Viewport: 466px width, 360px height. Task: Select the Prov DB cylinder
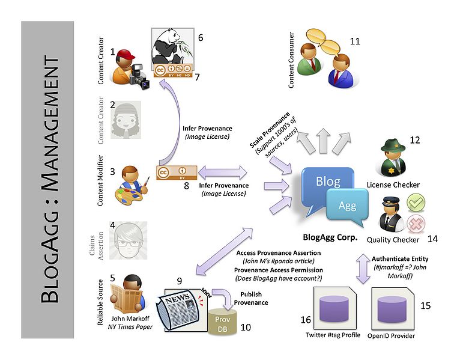pos(223,322)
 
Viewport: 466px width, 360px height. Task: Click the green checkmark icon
pos(416,203)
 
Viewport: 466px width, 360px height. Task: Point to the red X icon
pos(416,223)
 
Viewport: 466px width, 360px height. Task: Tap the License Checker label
pos(393,185)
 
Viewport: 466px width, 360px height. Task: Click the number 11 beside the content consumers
pos(355,41)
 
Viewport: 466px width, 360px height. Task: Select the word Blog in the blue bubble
pos(328,181)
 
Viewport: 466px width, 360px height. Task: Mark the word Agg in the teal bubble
pos(347,206)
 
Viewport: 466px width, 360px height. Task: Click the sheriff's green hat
pos(393,145)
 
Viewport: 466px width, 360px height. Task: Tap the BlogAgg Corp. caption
pos(330,237)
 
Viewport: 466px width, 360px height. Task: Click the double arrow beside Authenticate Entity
pos(363,269)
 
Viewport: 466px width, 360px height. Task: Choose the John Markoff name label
pos(130,319)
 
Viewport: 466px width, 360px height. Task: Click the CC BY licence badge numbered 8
pos(177,172)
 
